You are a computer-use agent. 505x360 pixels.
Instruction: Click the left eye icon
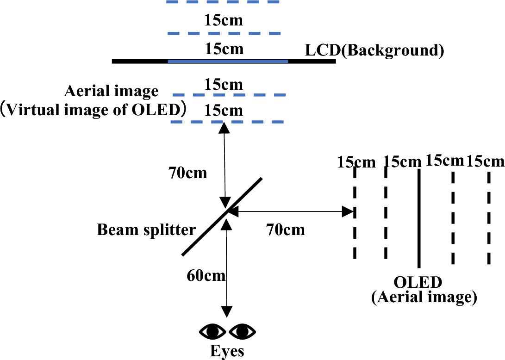pyautogui.click(x=212, y=331)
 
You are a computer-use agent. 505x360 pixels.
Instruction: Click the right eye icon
pyautogui.click(x=242, y=331)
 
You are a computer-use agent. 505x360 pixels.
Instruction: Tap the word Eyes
pyautogui.click(x=227, y=351)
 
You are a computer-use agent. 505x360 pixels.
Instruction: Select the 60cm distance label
pyautogui.click(x=206, y=276)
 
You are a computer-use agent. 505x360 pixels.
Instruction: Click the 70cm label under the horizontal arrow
pyautogui.click(x=286, y=229)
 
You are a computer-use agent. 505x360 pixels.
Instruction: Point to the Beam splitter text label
pyautogui.click(x=146, y=230)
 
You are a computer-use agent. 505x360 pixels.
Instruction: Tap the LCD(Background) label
pyautogui.click(x=374, y=50)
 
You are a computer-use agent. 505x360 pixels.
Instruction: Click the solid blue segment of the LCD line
pyautogui.click(x=228, y=61)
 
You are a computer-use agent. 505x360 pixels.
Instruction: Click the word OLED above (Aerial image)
pyautogui.click(x=418, y=282)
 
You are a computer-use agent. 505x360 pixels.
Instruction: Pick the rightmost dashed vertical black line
pyautogui.click(x=488, y=217)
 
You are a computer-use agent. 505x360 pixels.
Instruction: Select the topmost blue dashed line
pyautogui.click(x=223, y=2)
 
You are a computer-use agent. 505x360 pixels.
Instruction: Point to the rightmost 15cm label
pyautogui.click(x=485, y=161)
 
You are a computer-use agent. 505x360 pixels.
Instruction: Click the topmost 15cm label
pyautogui.click(x=224, y=20)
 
